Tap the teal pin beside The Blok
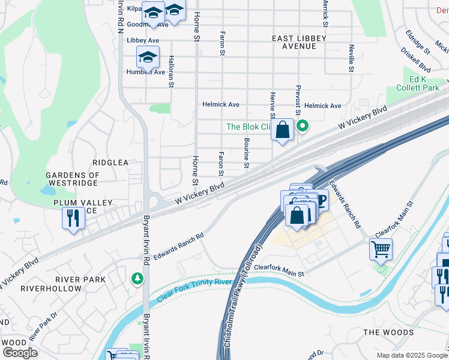(303, 127)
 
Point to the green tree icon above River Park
(138, 278)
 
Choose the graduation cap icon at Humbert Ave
(148, 58)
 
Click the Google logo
(20, 353)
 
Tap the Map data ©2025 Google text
(411, 355)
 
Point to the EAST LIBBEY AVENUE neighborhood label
(299, 42)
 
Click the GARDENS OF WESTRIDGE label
(72, 179)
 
